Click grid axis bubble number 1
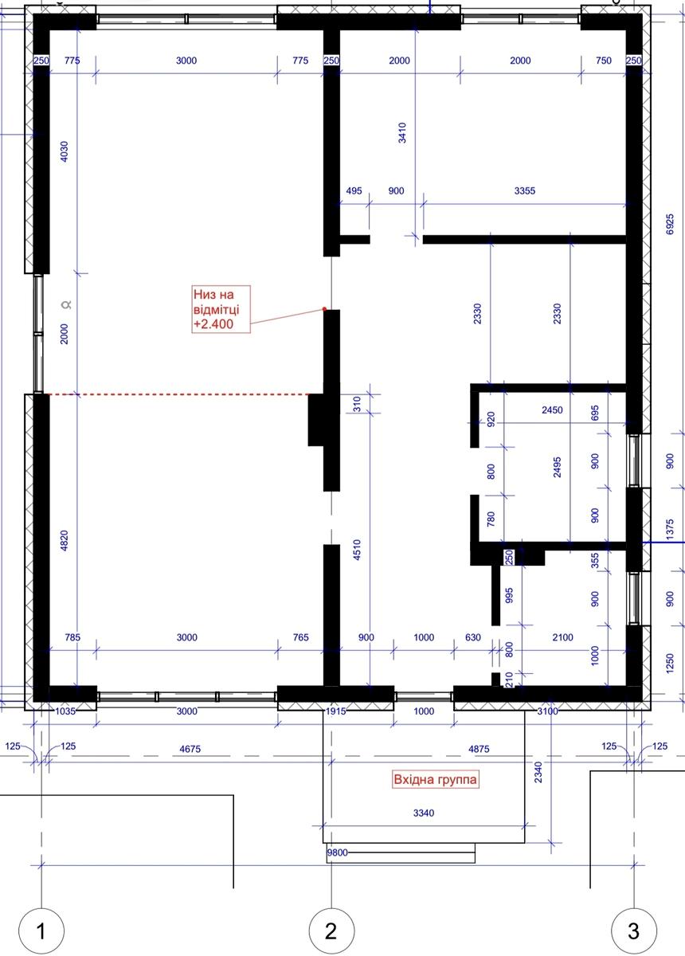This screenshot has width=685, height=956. pyautogui.click(x=41, y=931)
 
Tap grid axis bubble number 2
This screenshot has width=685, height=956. pyautogui.click(x=331, y=931)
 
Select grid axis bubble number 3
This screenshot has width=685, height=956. pyautogui.click(x=634, y=931)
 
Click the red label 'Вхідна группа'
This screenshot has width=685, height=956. pyautogui.click(x=435, y=780)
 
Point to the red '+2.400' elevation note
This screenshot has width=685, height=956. pyautogui.click(x=213, y=324)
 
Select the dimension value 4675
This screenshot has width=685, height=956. pyautogui.click(x=190, y=748)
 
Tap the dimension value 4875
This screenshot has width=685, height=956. pyautogui.click(x=479, y=748)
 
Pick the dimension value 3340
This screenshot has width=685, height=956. pyautogui.click(x=424, y=813)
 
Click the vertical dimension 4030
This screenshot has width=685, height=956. pyautogui.click(x=64, y=151)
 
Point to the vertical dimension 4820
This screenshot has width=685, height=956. pyautogui.click(x=64, y=541)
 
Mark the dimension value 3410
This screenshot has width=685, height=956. pyautogui.click(x=402, y=133)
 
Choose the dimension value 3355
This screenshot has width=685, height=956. pyautogui.click(x=525, y=190)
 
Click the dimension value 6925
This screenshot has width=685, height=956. pyautogui.click(x=669, y=224)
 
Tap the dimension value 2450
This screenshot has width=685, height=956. pyautogui.click(x=552, y=409)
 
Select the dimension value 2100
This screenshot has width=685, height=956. pyautogui.click(x=562, y=637)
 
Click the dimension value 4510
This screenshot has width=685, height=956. pyautogui.click(x=357, y=550)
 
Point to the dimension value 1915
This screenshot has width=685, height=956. pyautogui.click(x=335, y=711)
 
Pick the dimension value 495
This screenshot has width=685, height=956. pyautogui.click(x=354, y=190)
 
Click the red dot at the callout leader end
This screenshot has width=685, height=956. pyautogui.click(x=324, y=309)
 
